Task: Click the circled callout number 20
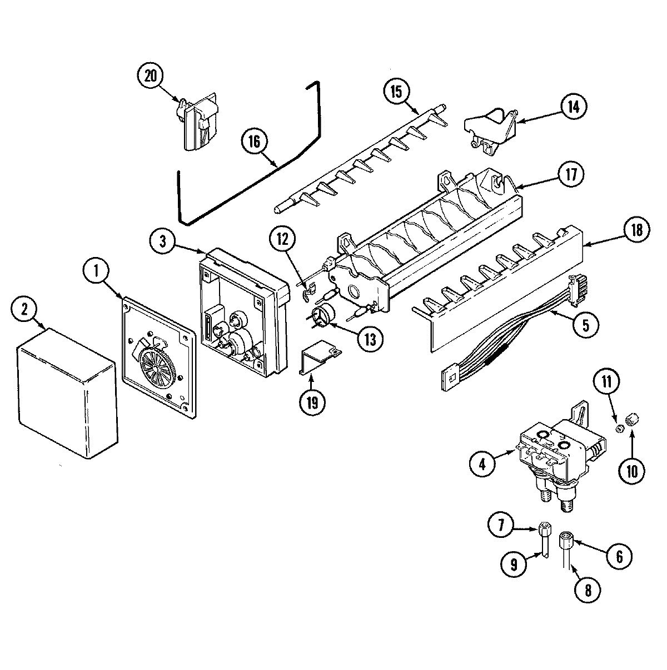pyautogui.click(x=151, y=77)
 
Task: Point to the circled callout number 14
pyautogui.click(x=573, y=107)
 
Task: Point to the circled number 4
pyautogui.click(x=482, y=464)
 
